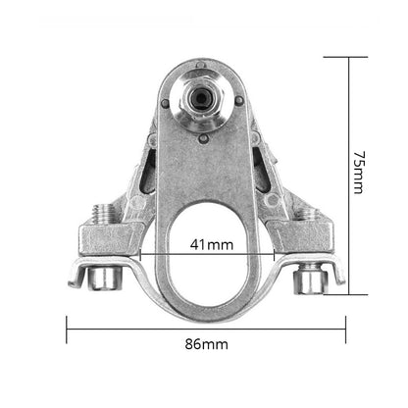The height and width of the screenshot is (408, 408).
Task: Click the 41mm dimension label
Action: pos(212,244)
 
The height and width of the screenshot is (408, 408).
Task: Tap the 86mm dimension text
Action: pos(206,344)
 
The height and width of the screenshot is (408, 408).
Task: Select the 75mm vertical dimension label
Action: pos(359,173)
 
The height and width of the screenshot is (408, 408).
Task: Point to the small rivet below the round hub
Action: pos(204,139)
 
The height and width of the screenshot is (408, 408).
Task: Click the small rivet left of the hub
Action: pos(166,104)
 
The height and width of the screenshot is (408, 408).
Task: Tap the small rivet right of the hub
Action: pos(239,99)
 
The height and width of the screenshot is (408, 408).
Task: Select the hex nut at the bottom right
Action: pos(310,280)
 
